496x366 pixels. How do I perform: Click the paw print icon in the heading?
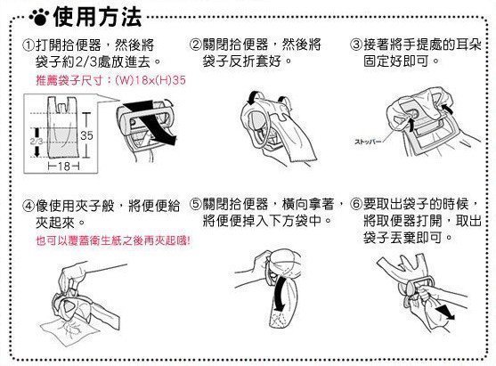point(39,18)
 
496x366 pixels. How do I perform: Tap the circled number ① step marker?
point(28,45)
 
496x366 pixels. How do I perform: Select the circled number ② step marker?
point(195,45)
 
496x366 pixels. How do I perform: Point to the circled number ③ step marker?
point(356,45)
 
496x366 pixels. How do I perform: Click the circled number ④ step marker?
point(28,207)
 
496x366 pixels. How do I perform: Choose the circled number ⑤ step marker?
point(195,204)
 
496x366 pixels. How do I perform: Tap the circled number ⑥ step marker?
point(356,204)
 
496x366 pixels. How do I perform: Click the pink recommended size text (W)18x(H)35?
point(150,80)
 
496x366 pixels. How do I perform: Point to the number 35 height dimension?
point(86,135)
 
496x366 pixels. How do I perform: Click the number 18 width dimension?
point(63,166)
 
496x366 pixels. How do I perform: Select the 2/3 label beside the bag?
point(37,141)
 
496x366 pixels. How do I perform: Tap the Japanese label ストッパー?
point(366,142)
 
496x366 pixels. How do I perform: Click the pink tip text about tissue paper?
point(113,240)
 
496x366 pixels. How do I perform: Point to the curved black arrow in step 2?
point(255,97)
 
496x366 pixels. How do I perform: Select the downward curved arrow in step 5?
point(281,293)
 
